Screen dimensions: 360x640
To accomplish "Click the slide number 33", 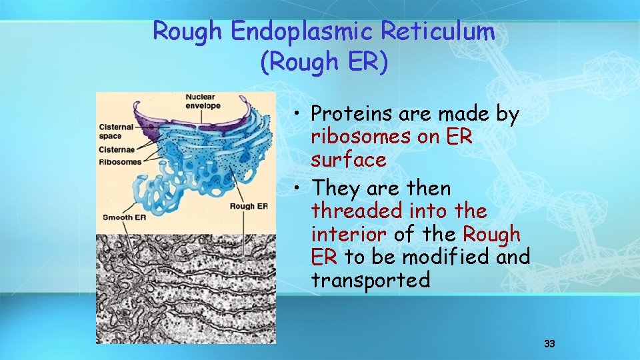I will [x=549, y=344].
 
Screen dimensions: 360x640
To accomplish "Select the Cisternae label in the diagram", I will [x=118, y=150].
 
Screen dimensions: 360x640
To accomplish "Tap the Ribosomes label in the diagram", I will [x=120, y=161].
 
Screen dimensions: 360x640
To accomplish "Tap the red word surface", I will [x=348, y=160].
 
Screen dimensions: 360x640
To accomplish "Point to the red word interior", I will [x=348, y=234].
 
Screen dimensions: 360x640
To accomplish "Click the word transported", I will [x=370, y=280].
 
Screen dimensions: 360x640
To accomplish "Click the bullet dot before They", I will [x=301, y=189].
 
